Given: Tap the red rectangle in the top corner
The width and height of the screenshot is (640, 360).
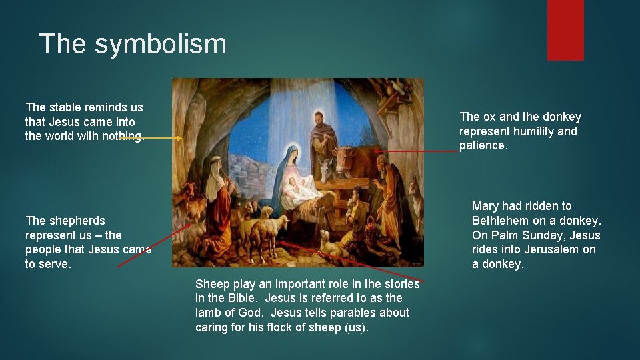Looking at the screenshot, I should [x=565, y=29].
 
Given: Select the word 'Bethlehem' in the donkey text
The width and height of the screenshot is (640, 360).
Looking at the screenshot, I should [x=502, y=221].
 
